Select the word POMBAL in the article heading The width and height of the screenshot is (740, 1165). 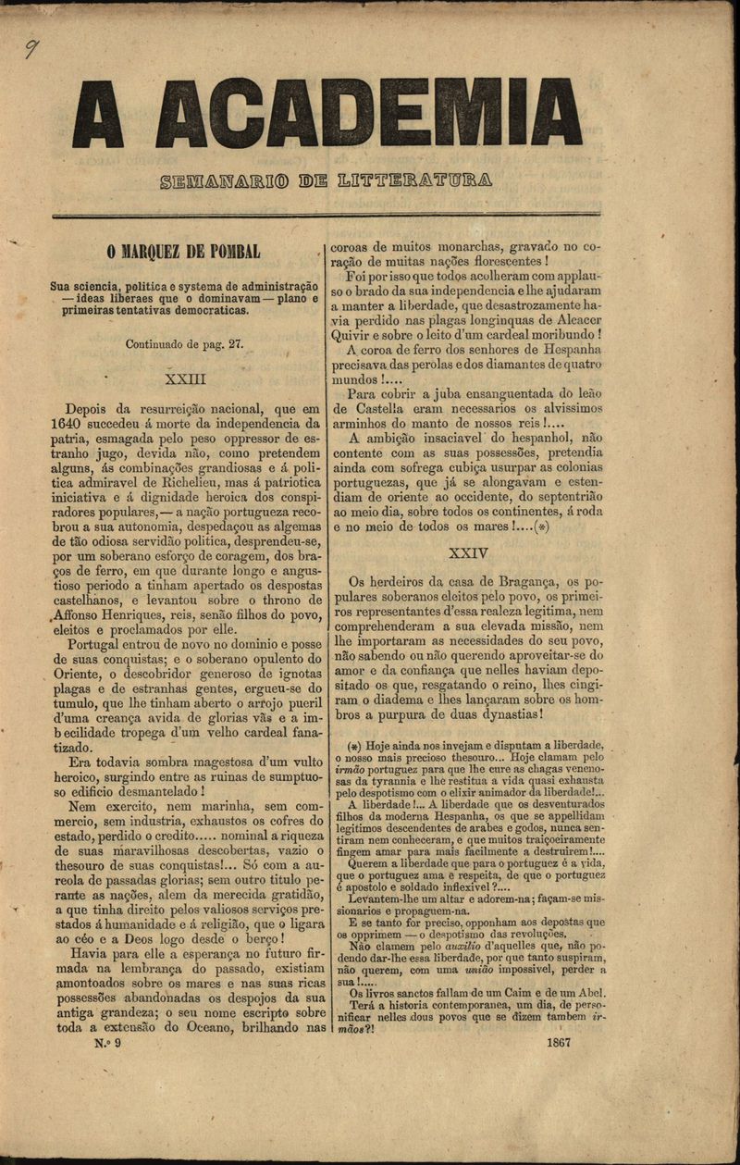tap(230, 252)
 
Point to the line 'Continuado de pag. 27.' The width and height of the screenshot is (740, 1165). tap(184, 343)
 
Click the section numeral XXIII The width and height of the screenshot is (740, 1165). tap(184, 378)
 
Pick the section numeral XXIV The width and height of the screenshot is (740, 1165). tap(467, 553)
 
